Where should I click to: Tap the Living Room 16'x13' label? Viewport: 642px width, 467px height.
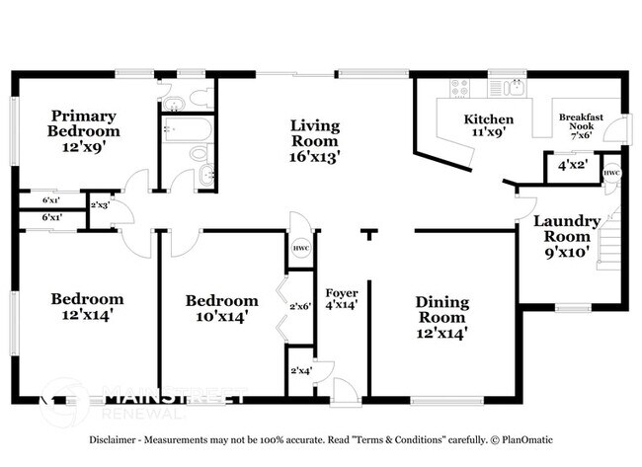(x=315, y=141)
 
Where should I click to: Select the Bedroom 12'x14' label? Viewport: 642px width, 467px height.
(x=87, y=307)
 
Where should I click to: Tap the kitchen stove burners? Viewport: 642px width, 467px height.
(x=459, y=88)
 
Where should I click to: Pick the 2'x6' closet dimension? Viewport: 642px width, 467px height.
(x=300, y=306)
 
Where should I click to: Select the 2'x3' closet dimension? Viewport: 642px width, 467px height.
(x=100, y=205)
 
